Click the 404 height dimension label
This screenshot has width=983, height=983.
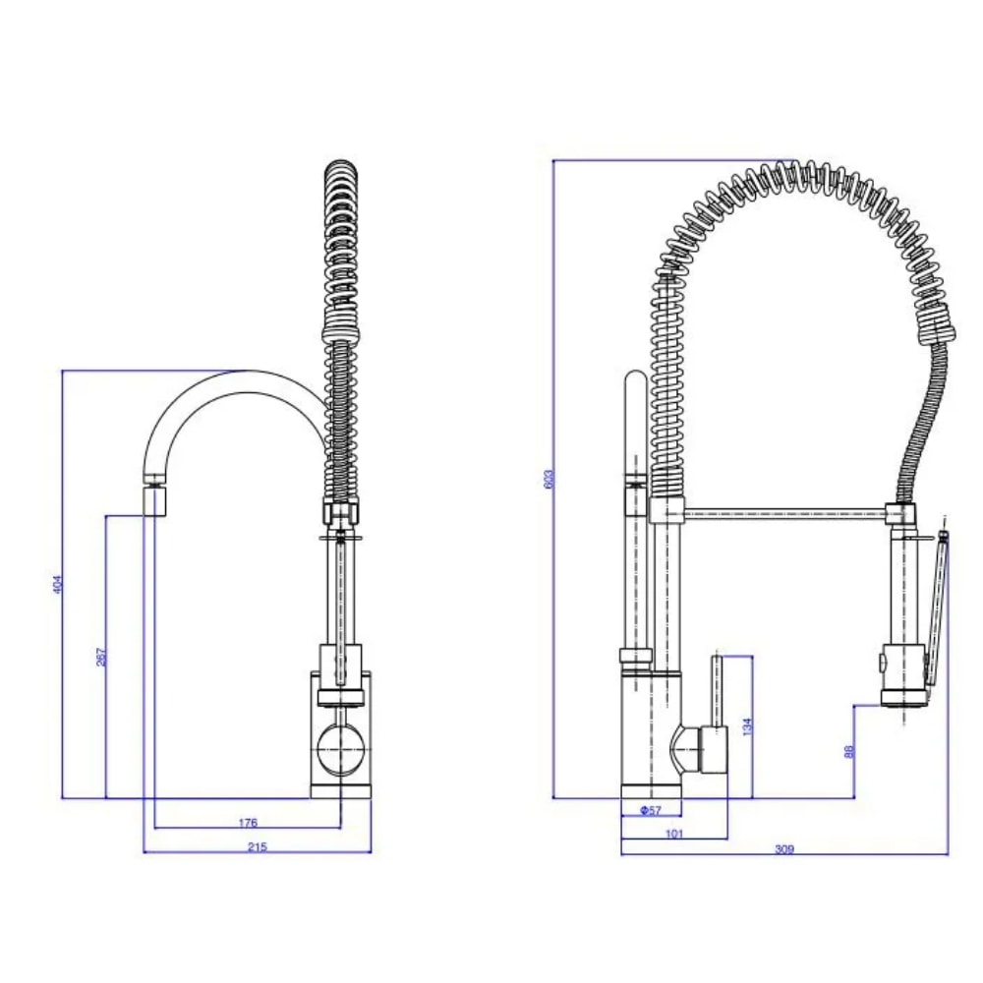[x=58, y=584]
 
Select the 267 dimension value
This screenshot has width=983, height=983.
[x=101, y=657]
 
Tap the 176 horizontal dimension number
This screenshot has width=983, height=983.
[x=249, y=823]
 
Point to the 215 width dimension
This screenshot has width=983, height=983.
[x=257, y=847]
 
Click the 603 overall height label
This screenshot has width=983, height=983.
[x=549, y=479]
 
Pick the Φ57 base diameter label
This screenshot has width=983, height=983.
[x=651, y=810]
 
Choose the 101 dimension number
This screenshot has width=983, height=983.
[x=674, y=834]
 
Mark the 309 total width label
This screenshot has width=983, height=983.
[x=784, y=849]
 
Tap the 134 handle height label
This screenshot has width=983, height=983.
[x=747, y=726]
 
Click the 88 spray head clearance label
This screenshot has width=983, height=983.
[x=849, y=751]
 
